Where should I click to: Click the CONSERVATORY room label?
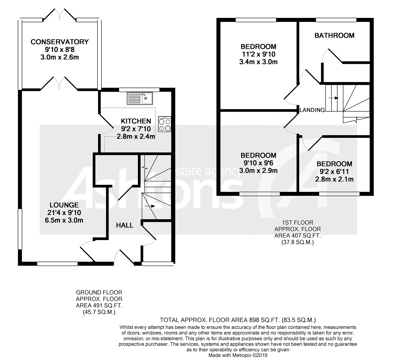click(60, 42)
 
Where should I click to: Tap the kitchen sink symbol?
click(140, 98)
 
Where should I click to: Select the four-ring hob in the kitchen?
click(165, 124)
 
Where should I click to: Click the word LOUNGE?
click(64, 205)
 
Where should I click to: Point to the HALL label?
click(125, 225)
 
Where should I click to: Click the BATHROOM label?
click(334, 35)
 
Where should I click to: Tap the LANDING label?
click(312, 110)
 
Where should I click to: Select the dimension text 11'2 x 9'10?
click(259, 54)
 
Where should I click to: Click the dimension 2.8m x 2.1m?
click(334, 179)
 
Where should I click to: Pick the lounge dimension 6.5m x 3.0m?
click(64, 220)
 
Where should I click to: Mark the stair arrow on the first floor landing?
click(333, 98)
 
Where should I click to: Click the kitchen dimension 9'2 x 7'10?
click(136, 129)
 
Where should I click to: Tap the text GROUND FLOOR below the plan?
click(99, 292)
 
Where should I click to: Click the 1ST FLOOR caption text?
click(298, 222)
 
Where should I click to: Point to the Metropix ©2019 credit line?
click(238, 355)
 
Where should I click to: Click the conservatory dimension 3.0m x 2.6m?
click(60, 57)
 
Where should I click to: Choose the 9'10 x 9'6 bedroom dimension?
click(258, 163)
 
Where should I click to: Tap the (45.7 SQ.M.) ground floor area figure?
click(99, 312)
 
